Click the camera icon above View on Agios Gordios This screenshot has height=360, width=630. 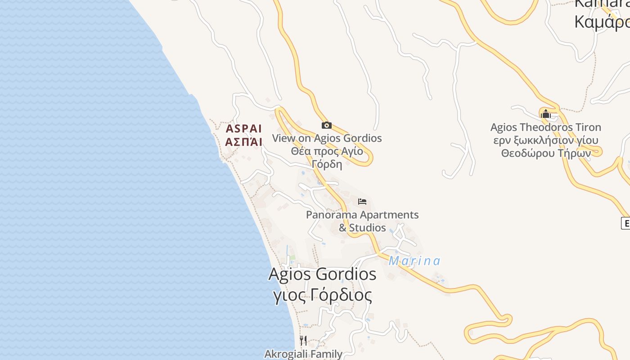point(327,126)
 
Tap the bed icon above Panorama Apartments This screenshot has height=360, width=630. point(362,202)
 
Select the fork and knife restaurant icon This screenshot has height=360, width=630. point(303,341)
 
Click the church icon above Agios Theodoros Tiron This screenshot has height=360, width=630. point(546,114)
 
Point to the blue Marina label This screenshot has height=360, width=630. point(414,261)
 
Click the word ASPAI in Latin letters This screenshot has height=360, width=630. point(243,129)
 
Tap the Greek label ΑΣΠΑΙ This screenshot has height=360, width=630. point(243,142)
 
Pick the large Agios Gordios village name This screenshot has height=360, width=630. point(322,274)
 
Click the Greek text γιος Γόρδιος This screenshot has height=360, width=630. point(323,296)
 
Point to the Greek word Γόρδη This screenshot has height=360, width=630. point(327,164)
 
